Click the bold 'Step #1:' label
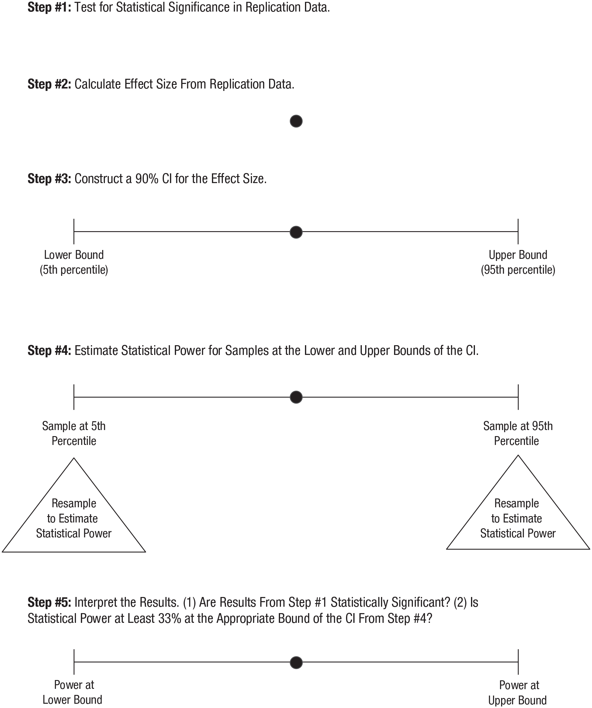coord(49,7)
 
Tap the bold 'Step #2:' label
coord(49,84)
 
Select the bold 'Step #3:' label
coord(49,179)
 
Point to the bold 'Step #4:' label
coord(49,351)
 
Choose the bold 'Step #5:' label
coord(49,602)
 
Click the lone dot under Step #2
coord(296,121)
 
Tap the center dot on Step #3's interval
coord(296,232)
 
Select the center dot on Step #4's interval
coord(296,397)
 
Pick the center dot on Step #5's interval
coord(296,662)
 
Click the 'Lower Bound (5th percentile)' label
coord(74,262)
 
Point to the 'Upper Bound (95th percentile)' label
coord(518,262)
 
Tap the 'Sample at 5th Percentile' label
coord(74,433)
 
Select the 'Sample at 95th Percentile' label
coord(518,433)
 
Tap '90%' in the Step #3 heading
coord(147,179)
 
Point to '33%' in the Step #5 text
coord(170,619)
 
